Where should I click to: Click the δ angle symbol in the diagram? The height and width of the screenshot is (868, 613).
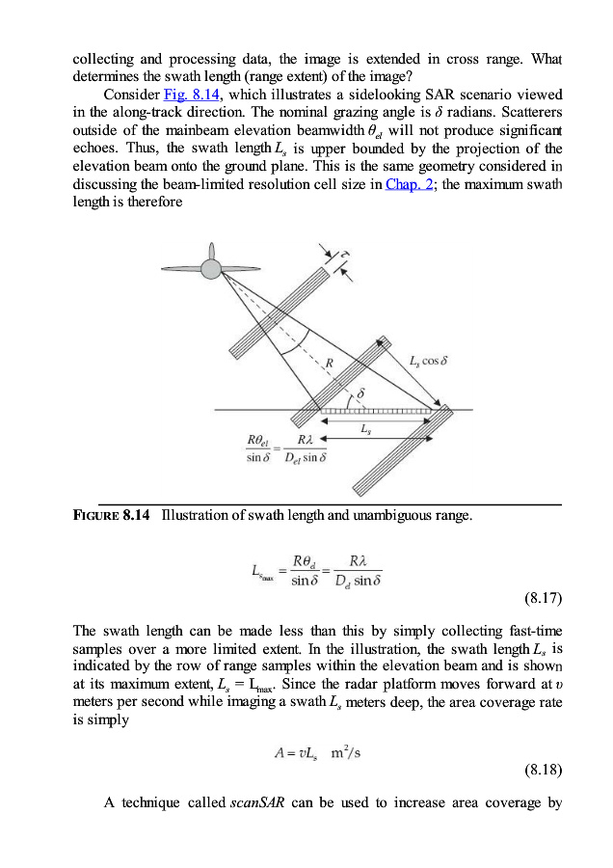click(360, 393)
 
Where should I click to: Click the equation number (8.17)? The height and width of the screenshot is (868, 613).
click(543, 598)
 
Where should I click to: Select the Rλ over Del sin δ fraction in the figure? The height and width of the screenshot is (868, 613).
click(304, 449)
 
